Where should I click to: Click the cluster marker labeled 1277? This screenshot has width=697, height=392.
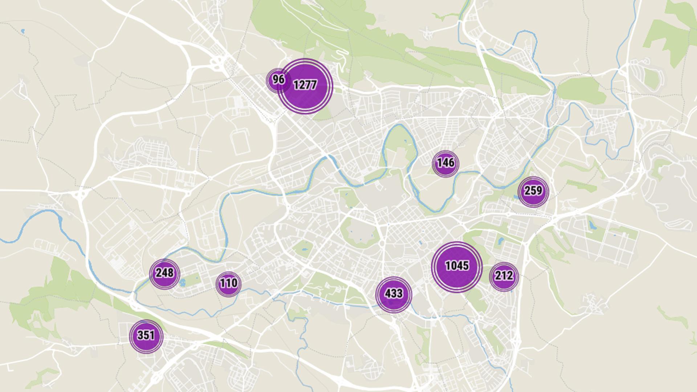[305, 86]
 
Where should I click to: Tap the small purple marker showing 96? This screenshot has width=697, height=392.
[278, 80]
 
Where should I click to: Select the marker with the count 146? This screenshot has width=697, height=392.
[445, 163]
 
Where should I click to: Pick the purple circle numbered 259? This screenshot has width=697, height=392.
[533, 191]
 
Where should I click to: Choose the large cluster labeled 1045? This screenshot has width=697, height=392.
[457, 266]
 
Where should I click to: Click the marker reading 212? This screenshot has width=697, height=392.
[504, 277]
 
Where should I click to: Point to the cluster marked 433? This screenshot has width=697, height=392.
[393, 294]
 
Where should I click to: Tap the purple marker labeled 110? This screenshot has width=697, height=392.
[228, 283]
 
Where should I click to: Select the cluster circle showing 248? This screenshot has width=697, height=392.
[164, 274]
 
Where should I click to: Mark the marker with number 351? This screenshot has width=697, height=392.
[146, 336]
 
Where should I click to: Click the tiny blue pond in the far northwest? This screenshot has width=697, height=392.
[23, 31]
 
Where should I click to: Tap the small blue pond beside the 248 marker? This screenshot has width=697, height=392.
[183, 282]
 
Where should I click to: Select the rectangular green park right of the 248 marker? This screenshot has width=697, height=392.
[192, 280]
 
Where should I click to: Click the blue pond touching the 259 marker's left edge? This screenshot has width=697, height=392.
[516, 197]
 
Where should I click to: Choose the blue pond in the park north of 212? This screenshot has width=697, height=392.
[500, 240]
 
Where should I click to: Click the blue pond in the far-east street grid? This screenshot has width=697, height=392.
[593, 226]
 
